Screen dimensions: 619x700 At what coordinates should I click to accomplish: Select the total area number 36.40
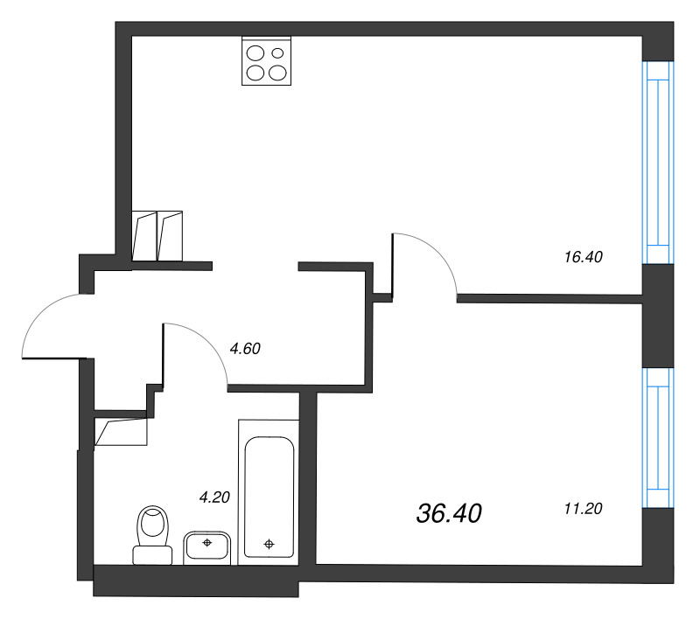click(450, 514)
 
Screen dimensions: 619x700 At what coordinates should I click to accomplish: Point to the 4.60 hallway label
click(245, 348)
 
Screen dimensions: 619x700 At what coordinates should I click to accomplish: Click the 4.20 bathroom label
click(213, 498)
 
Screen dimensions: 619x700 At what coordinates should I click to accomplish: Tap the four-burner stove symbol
click(267, 63)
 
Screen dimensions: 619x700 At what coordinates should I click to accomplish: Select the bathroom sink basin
click(207, 546)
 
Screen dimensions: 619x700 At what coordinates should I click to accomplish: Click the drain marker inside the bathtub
click(269, 545)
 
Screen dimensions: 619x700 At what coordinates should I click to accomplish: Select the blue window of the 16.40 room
click(657, 162)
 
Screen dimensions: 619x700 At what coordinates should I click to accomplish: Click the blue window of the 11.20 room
click(657, 438)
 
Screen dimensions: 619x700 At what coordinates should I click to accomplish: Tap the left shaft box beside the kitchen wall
click(143, 235)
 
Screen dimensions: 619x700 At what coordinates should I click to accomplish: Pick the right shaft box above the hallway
click(169, 235)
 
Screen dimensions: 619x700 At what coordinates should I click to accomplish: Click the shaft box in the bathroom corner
click(121, 434)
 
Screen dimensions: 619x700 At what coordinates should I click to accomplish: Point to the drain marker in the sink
click(207, 543)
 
